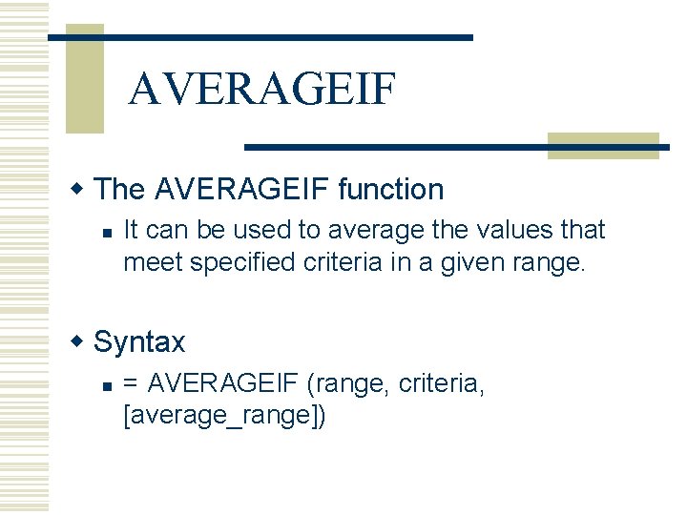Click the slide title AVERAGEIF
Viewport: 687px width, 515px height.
coord(261,89)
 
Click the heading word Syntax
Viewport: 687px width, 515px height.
coord(139,341)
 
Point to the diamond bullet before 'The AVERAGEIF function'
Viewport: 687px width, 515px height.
coord(83,188)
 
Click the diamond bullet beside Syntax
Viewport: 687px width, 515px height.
coord(83,340)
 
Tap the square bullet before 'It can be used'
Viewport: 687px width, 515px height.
coord(108,232)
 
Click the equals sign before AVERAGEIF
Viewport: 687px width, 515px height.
coord(131,383)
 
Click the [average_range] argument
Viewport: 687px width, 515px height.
coord(224,416)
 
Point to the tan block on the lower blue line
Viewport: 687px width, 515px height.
coord(602,145)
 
